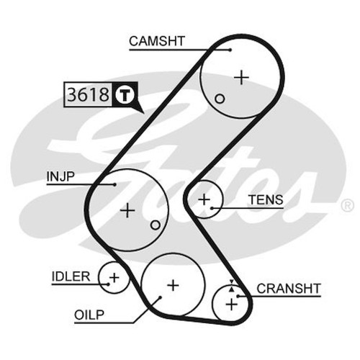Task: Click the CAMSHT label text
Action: coord(157,41)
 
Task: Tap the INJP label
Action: coord(60,176)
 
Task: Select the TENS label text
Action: coord(266,199)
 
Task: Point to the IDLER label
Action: coord(71,276)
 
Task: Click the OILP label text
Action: coord(89,315)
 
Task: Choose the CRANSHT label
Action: coord(289,289)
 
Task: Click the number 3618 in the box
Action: coord(88,94)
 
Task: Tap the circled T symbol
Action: coord(124,94)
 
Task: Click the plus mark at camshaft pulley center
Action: coord(241,77)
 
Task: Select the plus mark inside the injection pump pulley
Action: coord(127,210)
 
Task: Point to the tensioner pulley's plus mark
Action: coord(204,199)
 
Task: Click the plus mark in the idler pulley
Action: coord(114,278)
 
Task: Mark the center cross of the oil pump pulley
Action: coord(173,285)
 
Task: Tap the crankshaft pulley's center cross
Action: coord(232,305)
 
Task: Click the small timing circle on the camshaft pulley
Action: coord(220,99)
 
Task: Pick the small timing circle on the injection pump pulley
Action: coord(156,225)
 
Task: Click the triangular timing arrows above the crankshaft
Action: coord(231,286)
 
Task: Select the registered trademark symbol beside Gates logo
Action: coord(347,206)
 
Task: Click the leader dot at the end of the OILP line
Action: coord(160,297)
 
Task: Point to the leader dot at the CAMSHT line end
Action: coord(230,50)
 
